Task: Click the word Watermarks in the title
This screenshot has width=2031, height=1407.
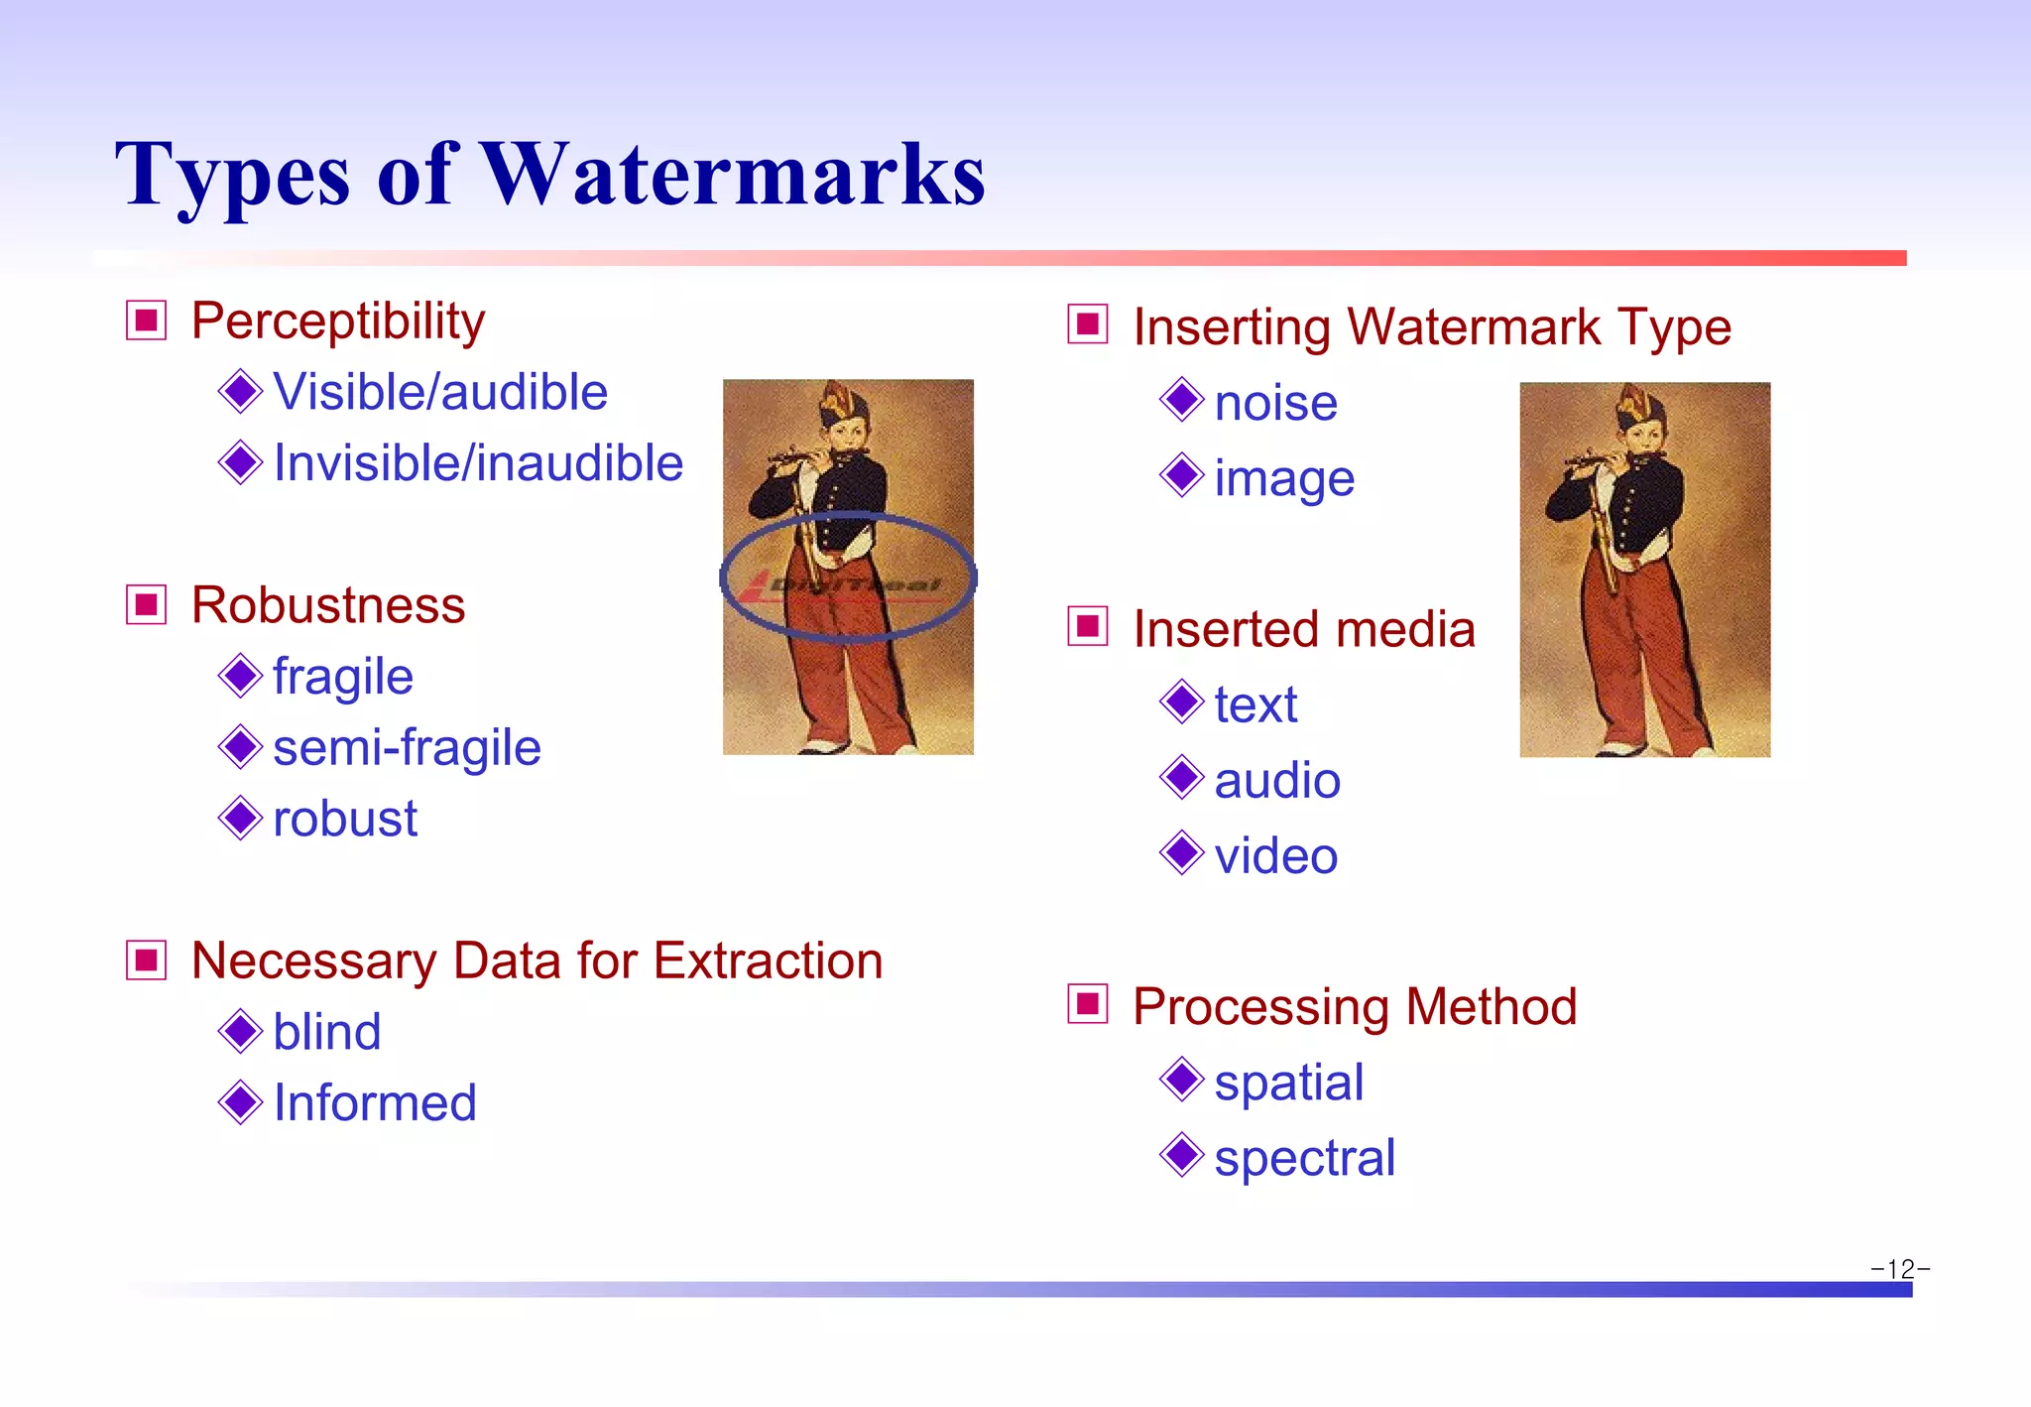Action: click(733, 175)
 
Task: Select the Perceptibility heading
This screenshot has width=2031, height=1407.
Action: click(338, 321)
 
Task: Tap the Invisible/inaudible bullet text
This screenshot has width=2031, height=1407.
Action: click(478, 463)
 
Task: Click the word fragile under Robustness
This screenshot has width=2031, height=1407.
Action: click(342, 678)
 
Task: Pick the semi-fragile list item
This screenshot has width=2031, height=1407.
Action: click(407, 748)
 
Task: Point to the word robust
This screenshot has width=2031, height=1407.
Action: click(344, 820)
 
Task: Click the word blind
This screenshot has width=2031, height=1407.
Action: click(326, 1032)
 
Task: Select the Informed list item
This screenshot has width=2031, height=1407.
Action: click(375, 1103)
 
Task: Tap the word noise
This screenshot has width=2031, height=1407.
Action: click(1275, 403)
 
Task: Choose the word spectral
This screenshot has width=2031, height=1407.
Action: click(1304, 1158)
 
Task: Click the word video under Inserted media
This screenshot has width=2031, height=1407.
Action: click(1275, 856)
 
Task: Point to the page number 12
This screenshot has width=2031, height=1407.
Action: click(1900, 1269)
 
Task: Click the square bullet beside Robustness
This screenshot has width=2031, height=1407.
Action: click(147, 605)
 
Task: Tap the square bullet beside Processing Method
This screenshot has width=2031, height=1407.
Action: click(1088, 1004)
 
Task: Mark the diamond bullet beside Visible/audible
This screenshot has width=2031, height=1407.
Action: click(240, 391)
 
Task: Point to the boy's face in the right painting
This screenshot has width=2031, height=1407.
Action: click(1643, 438)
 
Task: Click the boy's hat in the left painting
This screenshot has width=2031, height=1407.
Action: click(845, 403)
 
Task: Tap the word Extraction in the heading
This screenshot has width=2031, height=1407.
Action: click(768, 960)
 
